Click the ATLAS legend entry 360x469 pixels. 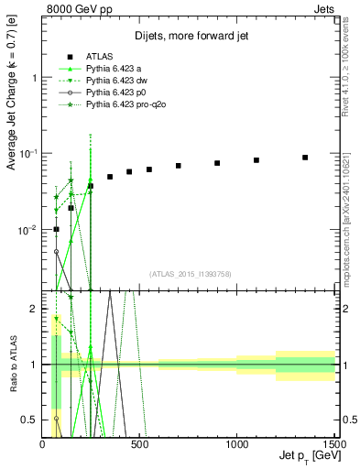click(101, 57)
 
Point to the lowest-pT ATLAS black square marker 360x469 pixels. click(56, 229)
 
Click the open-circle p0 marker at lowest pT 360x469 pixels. click(56, 251)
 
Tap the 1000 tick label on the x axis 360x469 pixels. click(237, 445)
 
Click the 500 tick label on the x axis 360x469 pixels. click(140, 445)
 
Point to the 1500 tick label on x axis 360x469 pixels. click(333, 445)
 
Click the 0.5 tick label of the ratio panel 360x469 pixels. click(30, 420)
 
